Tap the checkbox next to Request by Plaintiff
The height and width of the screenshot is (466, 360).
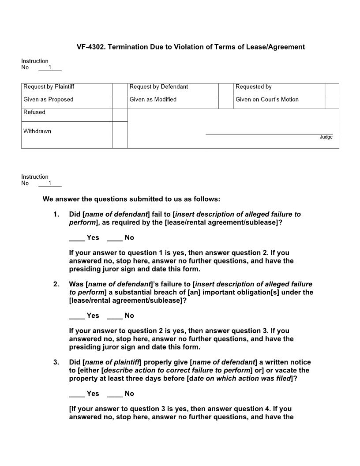120,90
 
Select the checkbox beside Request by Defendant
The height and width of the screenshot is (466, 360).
225,90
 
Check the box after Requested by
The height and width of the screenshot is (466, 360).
332,90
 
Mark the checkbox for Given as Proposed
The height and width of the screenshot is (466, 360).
120,102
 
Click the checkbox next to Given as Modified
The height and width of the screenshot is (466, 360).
225,102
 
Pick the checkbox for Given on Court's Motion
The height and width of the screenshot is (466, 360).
332,102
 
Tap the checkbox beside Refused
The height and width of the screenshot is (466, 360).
120,115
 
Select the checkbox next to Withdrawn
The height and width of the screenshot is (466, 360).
120,135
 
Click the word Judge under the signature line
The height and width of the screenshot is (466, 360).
326,137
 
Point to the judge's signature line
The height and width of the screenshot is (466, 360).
269,133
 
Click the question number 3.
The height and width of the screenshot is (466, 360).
56,362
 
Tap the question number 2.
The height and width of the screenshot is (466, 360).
56,284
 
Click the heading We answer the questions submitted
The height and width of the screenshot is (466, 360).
131,199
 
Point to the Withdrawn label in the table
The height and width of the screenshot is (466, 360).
37,131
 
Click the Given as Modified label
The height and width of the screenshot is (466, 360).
153,100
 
